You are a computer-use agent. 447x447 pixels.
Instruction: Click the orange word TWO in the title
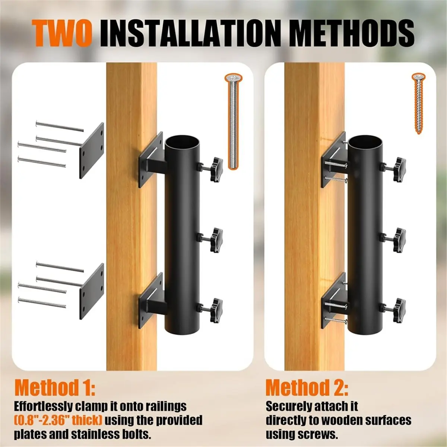click(61, 34)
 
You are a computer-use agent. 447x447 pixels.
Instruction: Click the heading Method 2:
click(307, 296)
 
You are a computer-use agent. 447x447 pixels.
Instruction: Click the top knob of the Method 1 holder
click(216, 169)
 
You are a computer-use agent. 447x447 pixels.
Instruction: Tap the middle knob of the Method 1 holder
click(216, 240)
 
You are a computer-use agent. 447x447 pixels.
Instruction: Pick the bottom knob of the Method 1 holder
click(216, 310)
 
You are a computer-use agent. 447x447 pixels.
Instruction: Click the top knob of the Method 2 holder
click(399, 169)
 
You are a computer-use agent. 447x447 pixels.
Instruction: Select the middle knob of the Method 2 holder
click(399, 240)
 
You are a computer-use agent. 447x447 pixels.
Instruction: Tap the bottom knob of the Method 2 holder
click(399, 310)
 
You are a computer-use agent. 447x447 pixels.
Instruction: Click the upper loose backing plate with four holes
click(92, 150)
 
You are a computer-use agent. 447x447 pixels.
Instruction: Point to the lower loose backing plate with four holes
click(92, 291)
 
